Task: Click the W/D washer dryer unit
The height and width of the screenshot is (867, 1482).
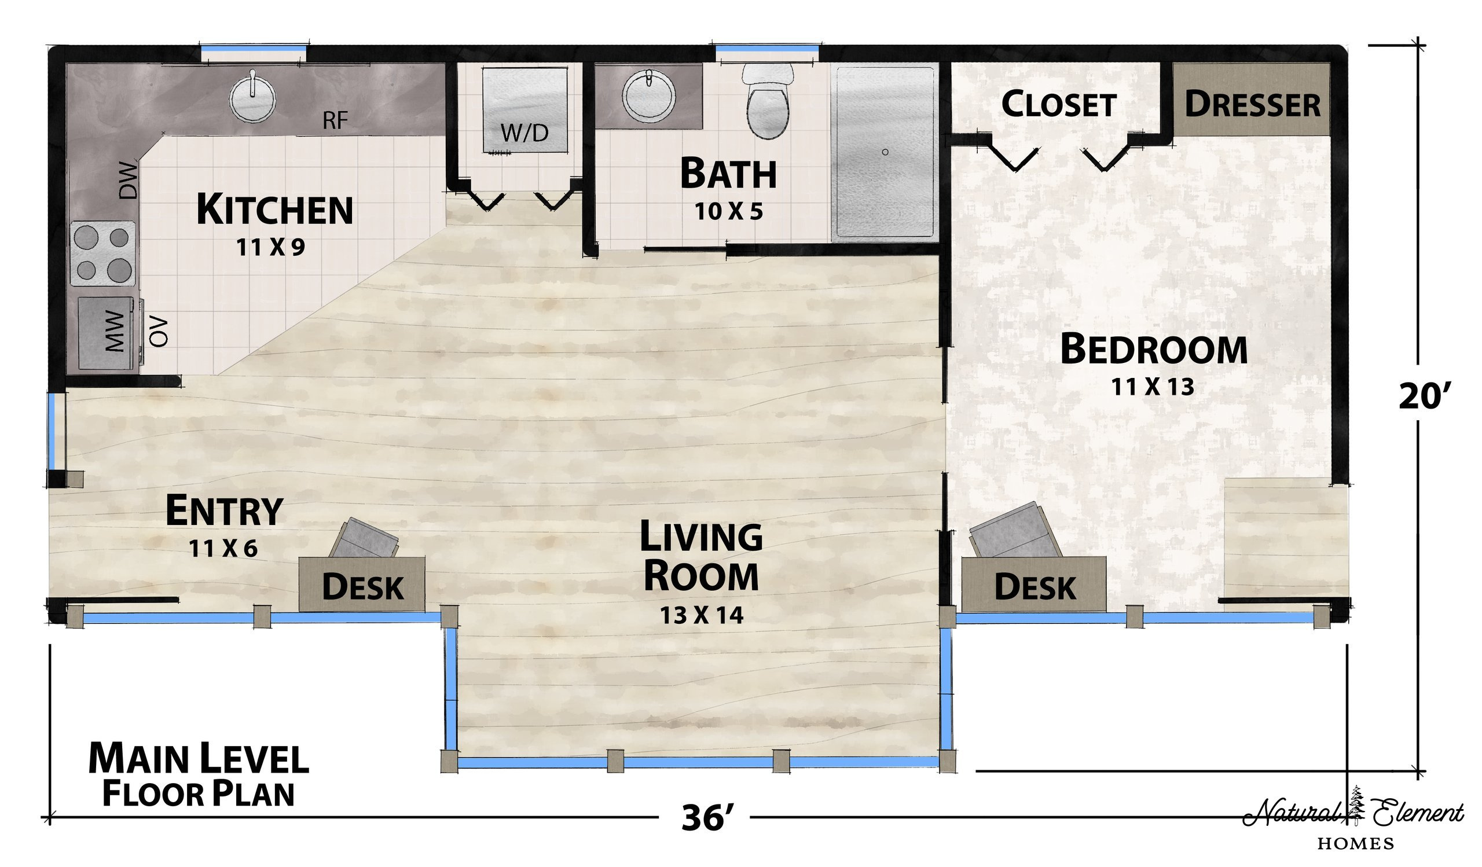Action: click(524, 110)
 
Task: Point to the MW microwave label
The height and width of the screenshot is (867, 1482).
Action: click(115, 332)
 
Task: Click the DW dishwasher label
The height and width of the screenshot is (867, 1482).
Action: click(128, 181)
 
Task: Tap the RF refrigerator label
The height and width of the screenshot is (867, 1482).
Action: click(335, 121)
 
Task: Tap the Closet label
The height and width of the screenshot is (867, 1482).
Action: click(1059, 105)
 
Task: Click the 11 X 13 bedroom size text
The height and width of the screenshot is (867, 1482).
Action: click(1153, 387)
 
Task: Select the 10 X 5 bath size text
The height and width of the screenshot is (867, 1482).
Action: click(729, 211)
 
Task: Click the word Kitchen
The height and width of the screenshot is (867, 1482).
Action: click(274, 210)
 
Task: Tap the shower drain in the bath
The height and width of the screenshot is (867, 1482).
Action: click(885, 152)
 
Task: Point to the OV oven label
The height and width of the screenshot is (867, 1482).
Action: click(159, 332)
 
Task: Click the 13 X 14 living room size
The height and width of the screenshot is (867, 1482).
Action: click(701, 615)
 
